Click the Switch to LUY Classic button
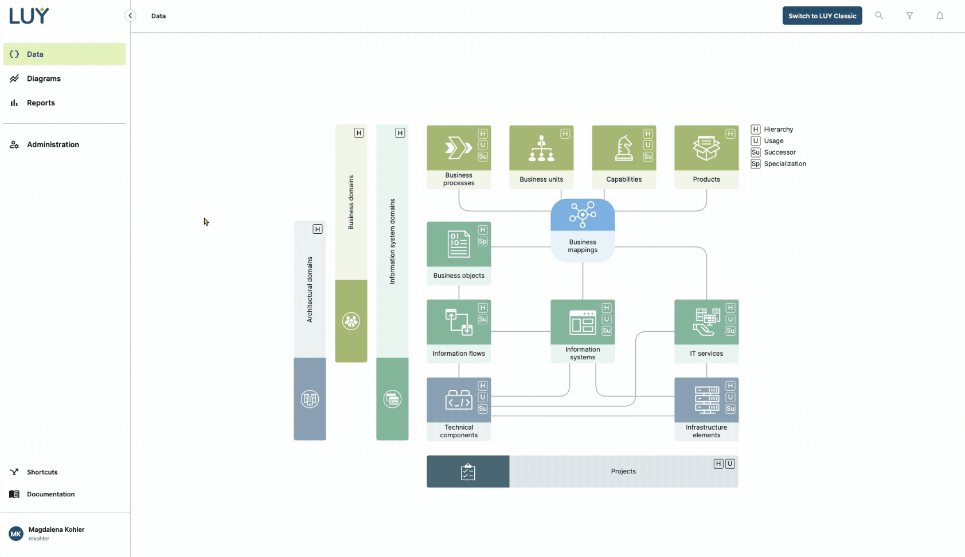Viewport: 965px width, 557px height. pos(822,16)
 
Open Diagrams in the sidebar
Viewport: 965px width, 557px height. pos(44,79)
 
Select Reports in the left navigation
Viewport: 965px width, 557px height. pos(41,103)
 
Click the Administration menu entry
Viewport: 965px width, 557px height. pos(53,144)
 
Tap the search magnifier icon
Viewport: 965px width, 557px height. pos(879,16)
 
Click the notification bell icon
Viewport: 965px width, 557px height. pos(940,16)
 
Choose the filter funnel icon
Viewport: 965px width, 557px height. pos(909,16)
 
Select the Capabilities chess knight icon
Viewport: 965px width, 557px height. pos(624,148)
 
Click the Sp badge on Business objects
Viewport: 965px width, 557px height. pos(483,241)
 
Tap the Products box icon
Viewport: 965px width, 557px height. pos(706,148)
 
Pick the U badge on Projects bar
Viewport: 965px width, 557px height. pos(730,464)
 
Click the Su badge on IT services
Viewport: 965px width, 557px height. pos(730,331)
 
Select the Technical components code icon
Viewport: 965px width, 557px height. pos(459,401)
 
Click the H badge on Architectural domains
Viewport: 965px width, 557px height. pos(318,229)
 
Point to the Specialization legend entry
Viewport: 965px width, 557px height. pos(784,164)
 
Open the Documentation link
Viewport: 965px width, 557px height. pos(50,494)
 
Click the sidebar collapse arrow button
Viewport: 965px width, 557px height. pos(130,16)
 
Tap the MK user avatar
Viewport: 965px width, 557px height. pos(16,534)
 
